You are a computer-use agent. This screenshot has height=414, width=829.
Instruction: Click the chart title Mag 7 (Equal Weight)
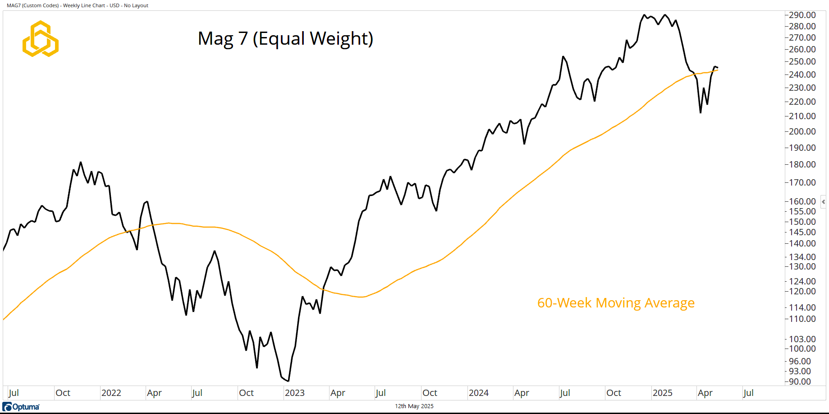tap(285, 39)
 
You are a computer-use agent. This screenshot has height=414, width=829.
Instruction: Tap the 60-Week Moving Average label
tap(616, 303)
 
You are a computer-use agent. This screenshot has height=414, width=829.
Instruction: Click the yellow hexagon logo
tap(41, 39)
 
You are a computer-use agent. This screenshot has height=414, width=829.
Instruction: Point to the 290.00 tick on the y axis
tap(802, 15)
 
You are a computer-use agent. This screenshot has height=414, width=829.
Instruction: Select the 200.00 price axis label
tap(802, 131)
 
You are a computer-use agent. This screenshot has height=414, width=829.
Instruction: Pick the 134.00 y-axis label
tap(802, 257)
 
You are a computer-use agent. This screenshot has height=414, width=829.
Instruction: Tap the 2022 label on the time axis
tap(111, 393)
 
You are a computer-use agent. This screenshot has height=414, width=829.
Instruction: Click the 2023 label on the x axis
tap(294, 393)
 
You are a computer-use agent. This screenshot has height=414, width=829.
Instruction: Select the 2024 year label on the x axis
tap(478, 393)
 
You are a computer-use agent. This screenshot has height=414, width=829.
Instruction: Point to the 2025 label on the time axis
tap(662, 393)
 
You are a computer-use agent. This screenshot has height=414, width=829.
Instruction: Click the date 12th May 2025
tap(414, 406)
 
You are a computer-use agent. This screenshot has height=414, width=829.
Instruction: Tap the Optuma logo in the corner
tap(21, 407)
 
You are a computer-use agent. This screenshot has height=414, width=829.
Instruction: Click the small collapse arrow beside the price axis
tap(823, 202)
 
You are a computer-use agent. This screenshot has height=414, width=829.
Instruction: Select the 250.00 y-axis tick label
tap(802, 61)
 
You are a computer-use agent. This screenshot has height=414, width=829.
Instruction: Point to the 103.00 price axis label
tap(802, 339)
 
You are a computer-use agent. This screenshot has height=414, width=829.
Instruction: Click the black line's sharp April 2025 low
tap(701, 112)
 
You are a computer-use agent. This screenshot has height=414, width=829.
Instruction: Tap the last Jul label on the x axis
tap(748, 393)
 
